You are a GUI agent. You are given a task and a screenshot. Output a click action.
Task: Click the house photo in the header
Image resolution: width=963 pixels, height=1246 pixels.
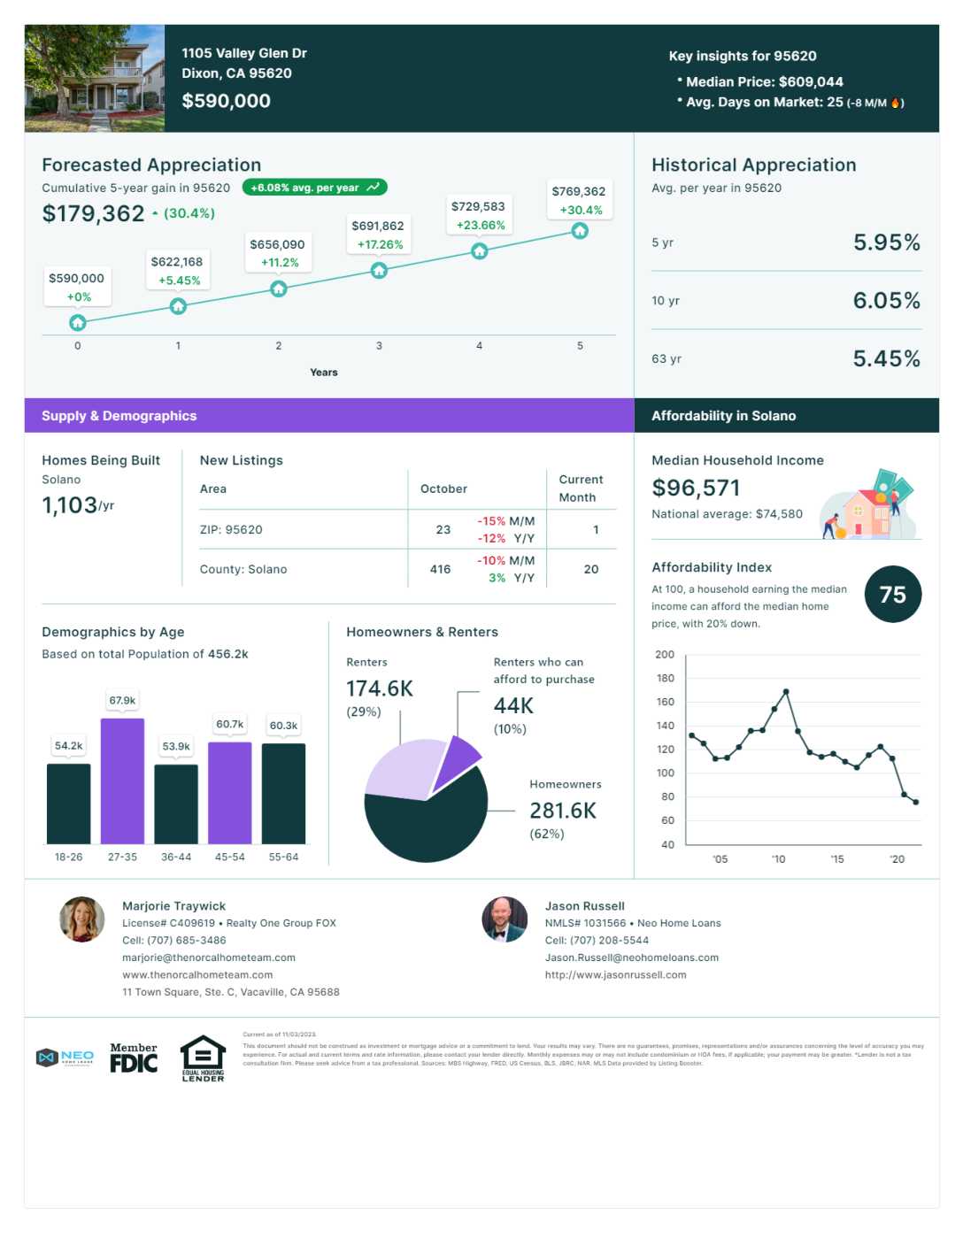tap(95, 79)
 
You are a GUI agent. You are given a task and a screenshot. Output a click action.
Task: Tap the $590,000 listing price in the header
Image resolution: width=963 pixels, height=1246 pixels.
tap(227, 101)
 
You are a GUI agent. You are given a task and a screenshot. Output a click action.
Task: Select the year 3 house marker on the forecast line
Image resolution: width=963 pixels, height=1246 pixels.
tap(379, 270)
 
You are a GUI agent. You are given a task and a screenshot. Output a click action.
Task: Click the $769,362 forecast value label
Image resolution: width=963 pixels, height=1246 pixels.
tap(578, 191)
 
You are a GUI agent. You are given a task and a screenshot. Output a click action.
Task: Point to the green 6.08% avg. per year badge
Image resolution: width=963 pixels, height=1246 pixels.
tap(314, 188)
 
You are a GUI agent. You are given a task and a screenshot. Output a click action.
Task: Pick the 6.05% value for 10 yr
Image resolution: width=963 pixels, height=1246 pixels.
tap(886, 301)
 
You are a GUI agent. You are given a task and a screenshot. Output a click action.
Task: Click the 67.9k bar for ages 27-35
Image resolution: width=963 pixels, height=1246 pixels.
tap(122, 781)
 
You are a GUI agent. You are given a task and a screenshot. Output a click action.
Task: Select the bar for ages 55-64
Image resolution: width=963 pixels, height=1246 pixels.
tap(283, 793)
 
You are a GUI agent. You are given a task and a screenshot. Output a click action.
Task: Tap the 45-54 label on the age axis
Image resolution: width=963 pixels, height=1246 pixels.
tap(230, 857)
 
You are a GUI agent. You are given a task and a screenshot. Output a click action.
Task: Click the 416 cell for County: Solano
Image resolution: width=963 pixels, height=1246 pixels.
tap(440, 569)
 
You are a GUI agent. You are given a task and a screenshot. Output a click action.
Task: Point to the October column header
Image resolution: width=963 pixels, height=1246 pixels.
tap(443, 488)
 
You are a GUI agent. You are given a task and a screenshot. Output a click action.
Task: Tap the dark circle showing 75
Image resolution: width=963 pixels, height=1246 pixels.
tap(892, 595)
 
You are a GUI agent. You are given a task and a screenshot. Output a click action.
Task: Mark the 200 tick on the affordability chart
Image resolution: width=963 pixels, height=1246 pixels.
tap(665, 655)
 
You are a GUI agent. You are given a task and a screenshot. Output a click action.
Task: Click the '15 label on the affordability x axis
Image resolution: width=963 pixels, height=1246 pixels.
tap(837, 859)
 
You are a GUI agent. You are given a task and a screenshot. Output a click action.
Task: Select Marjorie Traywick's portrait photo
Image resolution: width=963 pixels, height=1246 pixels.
tap(81, 919)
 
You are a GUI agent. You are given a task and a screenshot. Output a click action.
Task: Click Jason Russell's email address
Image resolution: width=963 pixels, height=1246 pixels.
tap(631, 958)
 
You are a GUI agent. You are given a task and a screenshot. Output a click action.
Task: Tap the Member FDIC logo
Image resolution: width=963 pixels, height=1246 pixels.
tap(134, 1058)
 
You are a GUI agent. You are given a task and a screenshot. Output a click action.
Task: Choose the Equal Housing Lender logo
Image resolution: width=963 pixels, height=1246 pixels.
tap(203, 1058)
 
